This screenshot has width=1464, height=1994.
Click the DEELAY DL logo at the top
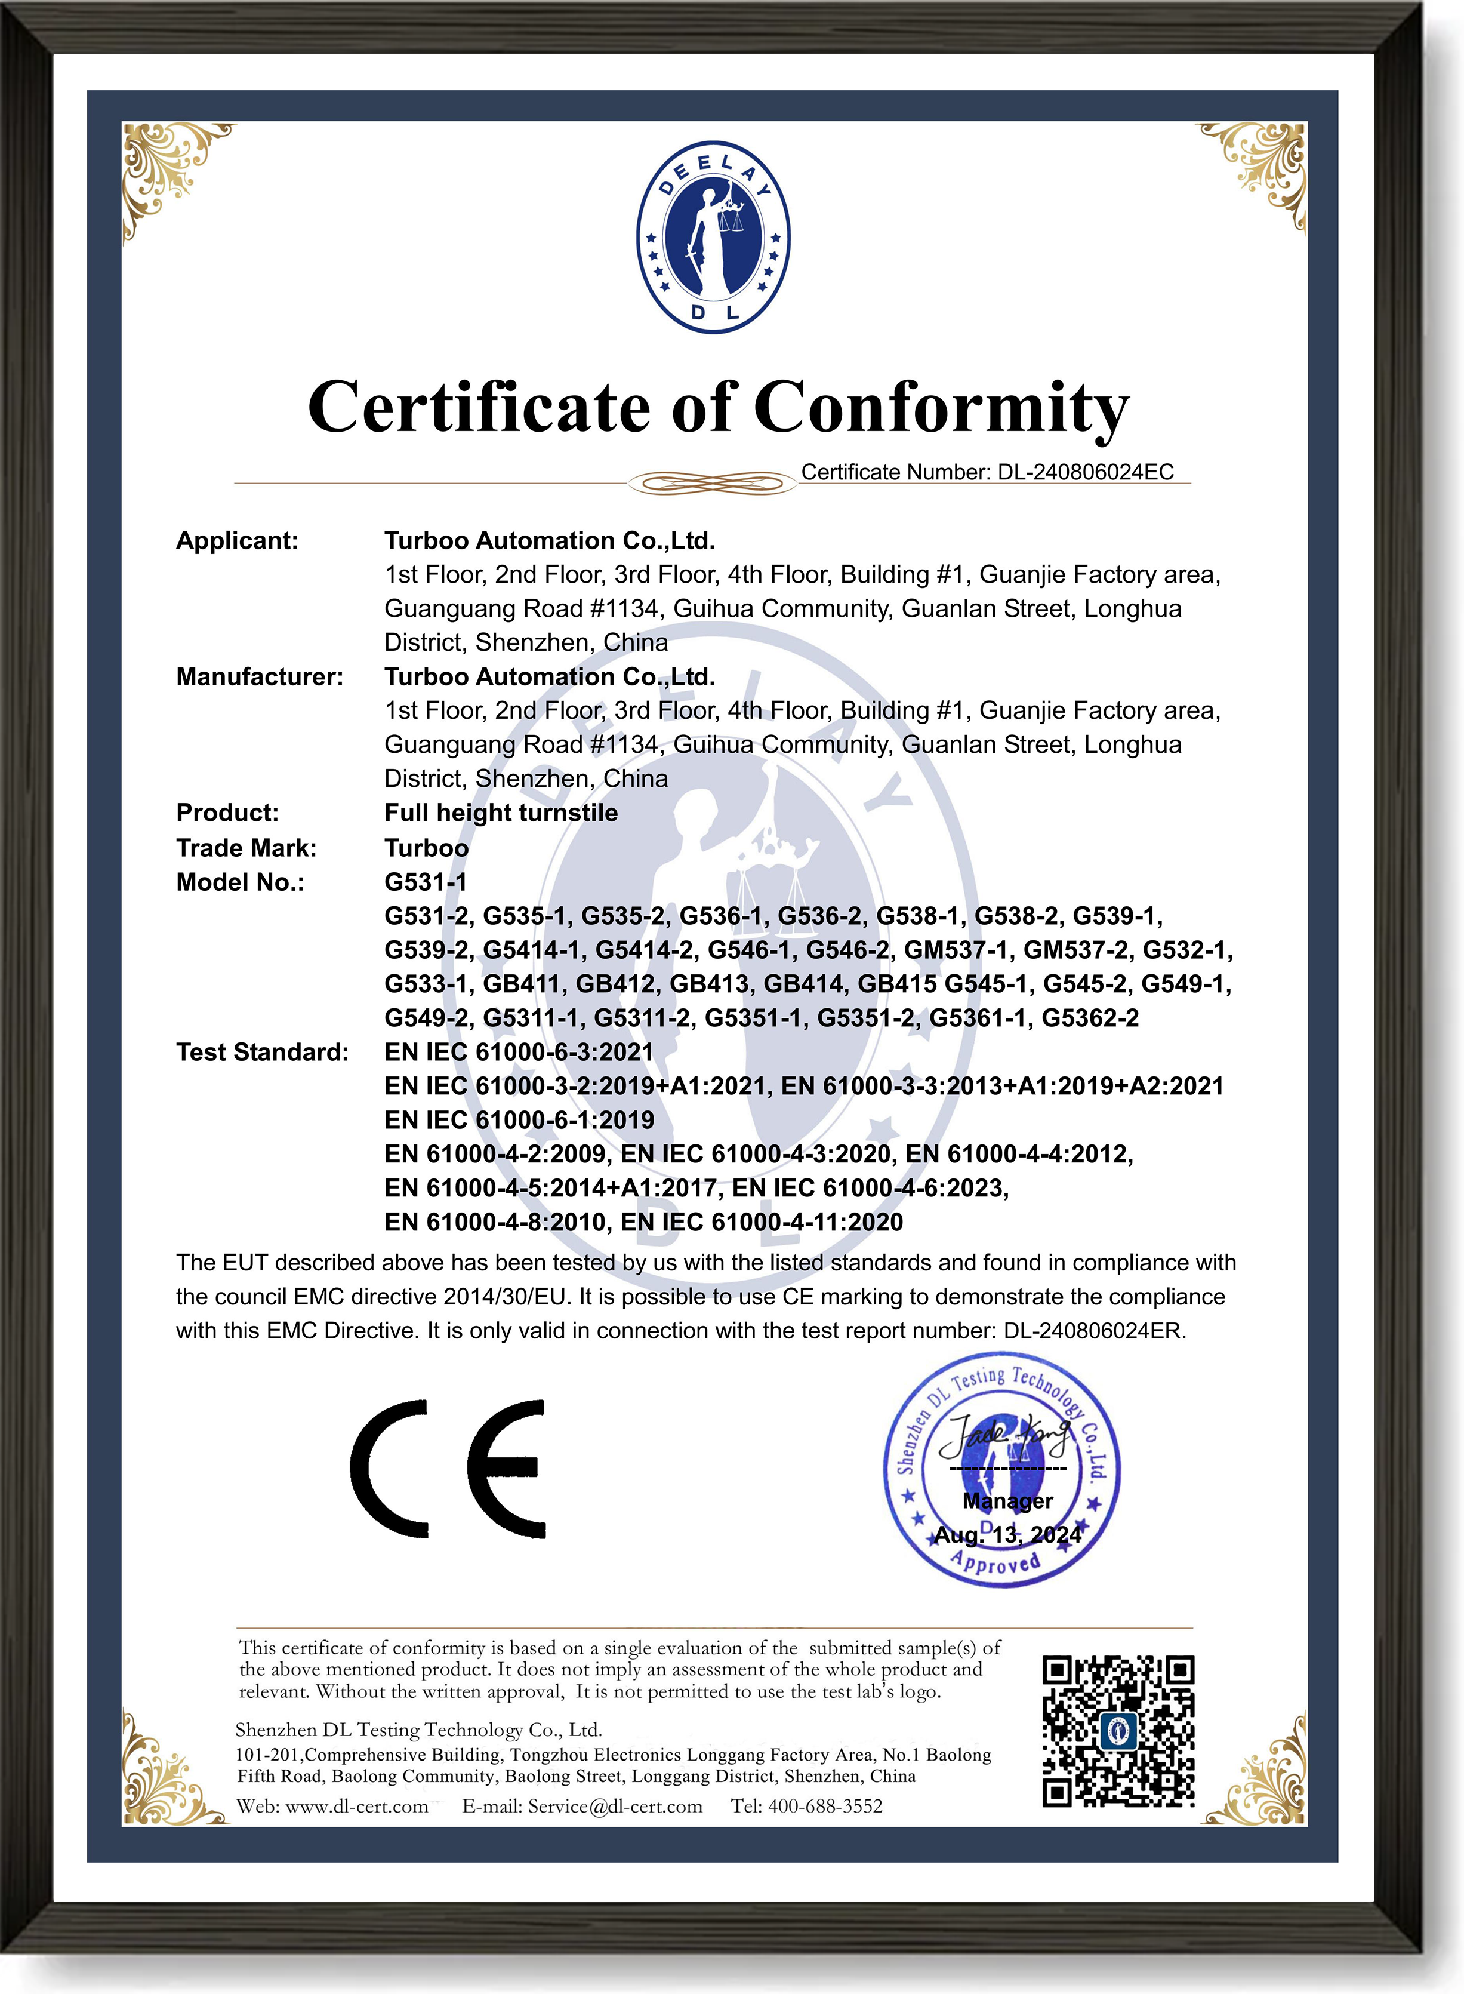pos(713,238)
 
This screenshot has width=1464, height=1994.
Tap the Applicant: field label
pos(236,541)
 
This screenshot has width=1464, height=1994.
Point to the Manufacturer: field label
pos(259,677)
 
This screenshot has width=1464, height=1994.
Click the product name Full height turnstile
pos(501,813)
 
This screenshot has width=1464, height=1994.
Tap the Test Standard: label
pos(263,1052)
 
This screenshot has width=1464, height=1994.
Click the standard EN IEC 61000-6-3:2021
pos(519,1052)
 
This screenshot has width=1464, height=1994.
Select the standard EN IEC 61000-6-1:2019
pos(519,1120)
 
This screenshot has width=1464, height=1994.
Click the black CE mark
pos(448,1469)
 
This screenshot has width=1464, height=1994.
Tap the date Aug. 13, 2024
pos(1007,1535)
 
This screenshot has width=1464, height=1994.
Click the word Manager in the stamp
pos(1007,1500)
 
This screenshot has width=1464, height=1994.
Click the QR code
pos(1118,1731)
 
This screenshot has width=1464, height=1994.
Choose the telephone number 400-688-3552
pos(824,1806)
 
